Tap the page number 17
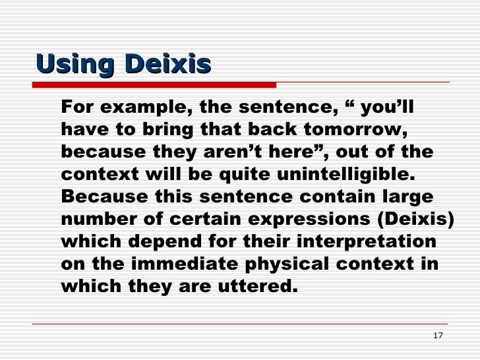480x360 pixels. (x=438, y=336)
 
